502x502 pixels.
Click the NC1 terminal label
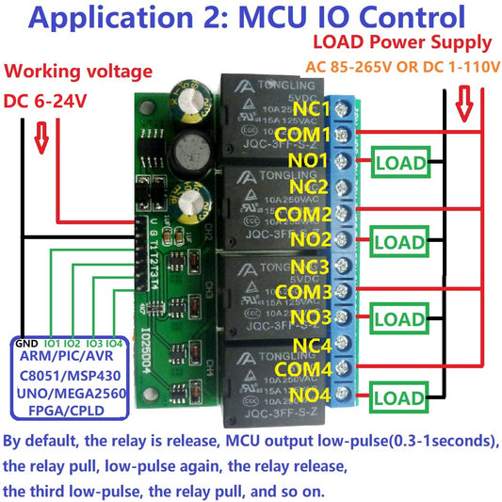click(313, 109)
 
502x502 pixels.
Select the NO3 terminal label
click(313, 317)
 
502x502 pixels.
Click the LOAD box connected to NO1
click(400, 162)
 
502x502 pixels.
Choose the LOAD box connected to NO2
click(400, 242)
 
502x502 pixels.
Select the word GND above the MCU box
click(27, 343)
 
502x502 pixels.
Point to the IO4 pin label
click(113, 343)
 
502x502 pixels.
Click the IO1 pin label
click(53, 343)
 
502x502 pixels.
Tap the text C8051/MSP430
click(70, 375)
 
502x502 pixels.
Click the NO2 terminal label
click(313, 239)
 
